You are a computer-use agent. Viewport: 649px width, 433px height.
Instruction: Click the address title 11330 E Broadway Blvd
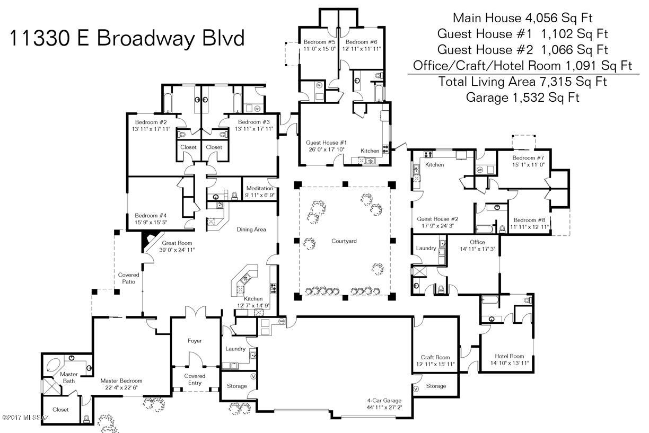pos(127,38)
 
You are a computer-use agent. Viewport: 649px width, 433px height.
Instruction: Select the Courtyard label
pos(344,241)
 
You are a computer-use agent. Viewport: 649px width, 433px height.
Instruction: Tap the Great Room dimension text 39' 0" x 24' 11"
pos(177,250)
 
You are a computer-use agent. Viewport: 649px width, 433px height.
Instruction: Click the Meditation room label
pos(260,188)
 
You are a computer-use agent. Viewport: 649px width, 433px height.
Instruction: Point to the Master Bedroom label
pos(121,381)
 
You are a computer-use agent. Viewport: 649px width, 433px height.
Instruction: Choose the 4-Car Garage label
pos(384,400)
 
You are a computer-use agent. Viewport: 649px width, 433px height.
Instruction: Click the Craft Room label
pos(435,357)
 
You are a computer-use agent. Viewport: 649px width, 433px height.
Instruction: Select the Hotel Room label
pos(510,356)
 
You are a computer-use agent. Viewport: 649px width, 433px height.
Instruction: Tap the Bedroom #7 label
pos(528,158)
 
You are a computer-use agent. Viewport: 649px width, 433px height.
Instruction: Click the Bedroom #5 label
pos(319,42)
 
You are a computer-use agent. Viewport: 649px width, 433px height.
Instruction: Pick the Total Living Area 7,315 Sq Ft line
pos(522,82)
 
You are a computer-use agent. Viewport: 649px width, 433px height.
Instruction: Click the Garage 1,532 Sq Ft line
pos(522,98)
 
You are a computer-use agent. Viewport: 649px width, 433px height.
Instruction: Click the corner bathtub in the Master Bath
pos(54,365)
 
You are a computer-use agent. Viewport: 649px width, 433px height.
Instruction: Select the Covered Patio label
pos(128,278)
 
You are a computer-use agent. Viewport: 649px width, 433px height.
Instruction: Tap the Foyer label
pos(195,341)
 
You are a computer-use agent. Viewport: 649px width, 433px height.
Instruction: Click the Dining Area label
pos(251,229)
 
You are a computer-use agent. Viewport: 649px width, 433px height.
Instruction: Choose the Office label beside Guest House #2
pos(477,242)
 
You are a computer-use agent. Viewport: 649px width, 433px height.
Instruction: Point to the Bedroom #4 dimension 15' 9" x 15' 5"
pos(151,223)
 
